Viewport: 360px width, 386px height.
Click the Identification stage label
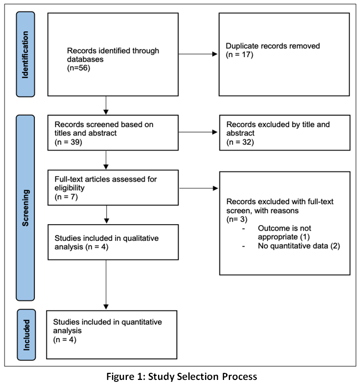pos(25,54)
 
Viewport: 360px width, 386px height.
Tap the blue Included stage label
pos(26,335)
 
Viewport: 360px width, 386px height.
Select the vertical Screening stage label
pos(25,208)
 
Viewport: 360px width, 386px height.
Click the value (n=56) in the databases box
pos(79,68)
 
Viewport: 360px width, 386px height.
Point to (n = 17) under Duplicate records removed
pos(240,55)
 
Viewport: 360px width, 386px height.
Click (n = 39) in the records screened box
pos(68,142)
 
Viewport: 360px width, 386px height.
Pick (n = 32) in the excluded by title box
pos(240,142)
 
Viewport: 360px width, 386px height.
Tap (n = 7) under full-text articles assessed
pos(66,197)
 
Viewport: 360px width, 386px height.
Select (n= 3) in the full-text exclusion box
pos(237,219)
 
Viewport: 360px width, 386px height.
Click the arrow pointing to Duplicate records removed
pos(198,54)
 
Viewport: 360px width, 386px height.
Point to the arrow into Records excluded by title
pos(198,132)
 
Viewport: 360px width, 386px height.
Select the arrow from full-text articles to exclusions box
pos(199,188)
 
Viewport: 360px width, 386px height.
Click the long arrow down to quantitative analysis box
pos(106,285)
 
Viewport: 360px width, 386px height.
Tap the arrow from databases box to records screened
pos(106,105)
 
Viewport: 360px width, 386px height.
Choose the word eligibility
pos(69,188)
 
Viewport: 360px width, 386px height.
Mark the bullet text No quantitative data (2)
pos(299,246)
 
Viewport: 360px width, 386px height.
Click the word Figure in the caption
pos(119,377)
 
